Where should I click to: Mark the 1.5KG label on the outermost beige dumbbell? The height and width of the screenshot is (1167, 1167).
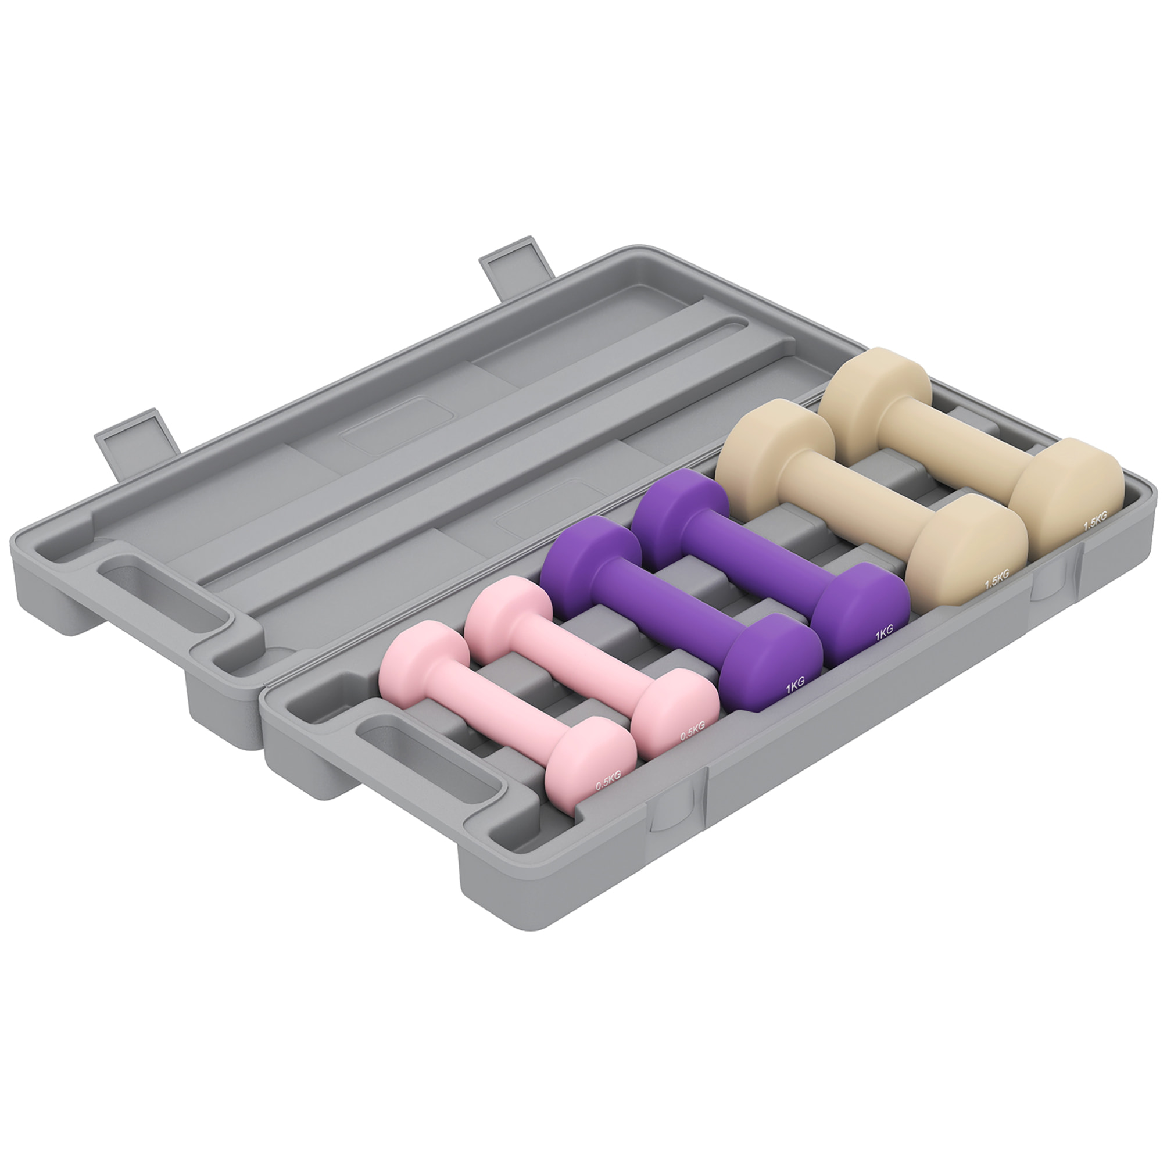point(1094,521)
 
